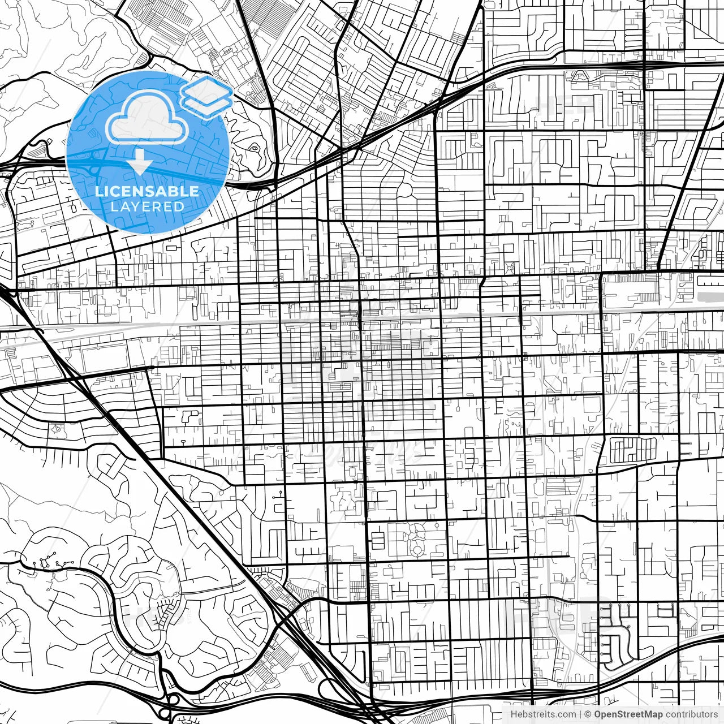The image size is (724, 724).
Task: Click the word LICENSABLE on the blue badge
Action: point(147,191)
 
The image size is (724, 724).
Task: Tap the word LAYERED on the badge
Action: point(147,206)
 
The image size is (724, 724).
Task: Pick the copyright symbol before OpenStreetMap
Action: point(588,714)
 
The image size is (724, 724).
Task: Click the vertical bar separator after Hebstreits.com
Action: point(580,714)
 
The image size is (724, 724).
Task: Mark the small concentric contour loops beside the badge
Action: point(254,149)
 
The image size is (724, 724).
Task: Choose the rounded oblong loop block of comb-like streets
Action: point(633,450)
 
